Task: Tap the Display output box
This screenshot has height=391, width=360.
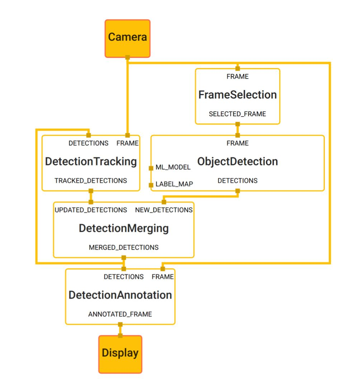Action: (x=120, y=354)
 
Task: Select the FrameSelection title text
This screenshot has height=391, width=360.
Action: (x=237, y=95)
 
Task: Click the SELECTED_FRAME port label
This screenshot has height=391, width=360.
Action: (x=237, y=114)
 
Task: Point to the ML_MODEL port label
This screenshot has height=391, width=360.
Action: (x=173, y=168)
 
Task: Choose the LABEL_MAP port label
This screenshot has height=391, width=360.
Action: (x=174, y=184)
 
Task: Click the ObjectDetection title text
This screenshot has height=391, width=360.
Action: (x=237, y=161)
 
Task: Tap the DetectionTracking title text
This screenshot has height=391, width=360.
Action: (x=91, y=161)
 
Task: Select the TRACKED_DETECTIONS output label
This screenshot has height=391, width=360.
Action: (x=91, y=181)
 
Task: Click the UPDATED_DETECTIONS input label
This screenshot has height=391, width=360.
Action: (x=91, y=210)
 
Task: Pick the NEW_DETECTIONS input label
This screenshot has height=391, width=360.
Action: (x=164, y=210)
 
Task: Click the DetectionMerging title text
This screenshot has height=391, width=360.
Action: (x=124, y=229)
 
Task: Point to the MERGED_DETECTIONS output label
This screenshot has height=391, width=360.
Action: (x=124, y=248)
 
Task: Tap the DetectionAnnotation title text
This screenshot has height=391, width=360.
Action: (x=120, y=295)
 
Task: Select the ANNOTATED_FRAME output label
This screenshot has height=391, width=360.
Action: (x=120, y=314)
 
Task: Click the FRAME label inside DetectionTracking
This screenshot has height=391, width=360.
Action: (x=127, y=143)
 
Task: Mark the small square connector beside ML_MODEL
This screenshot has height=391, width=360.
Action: (x=151, y=168)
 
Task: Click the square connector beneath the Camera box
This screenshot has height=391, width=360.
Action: (x=127, y=57)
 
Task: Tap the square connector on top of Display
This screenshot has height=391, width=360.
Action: (x=120, y=335)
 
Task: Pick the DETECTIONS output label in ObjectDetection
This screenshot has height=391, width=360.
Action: (x=237, y=181)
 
